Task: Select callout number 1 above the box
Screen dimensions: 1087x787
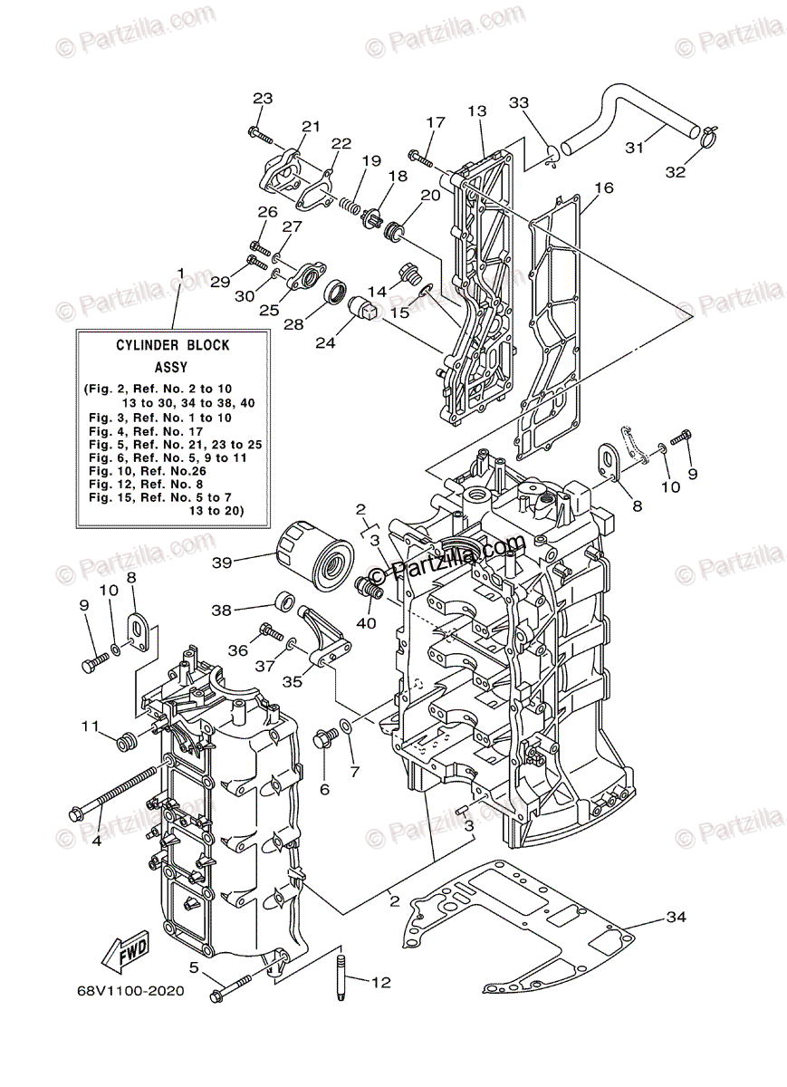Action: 180,273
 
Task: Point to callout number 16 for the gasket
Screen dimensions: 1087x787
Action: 604,188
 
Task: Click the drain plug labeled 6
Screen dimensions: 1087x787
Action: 323,740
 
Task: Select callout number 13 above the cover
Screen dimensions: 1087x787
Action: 477,111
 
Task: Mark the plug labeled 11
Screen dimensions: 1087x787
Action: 125,742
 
